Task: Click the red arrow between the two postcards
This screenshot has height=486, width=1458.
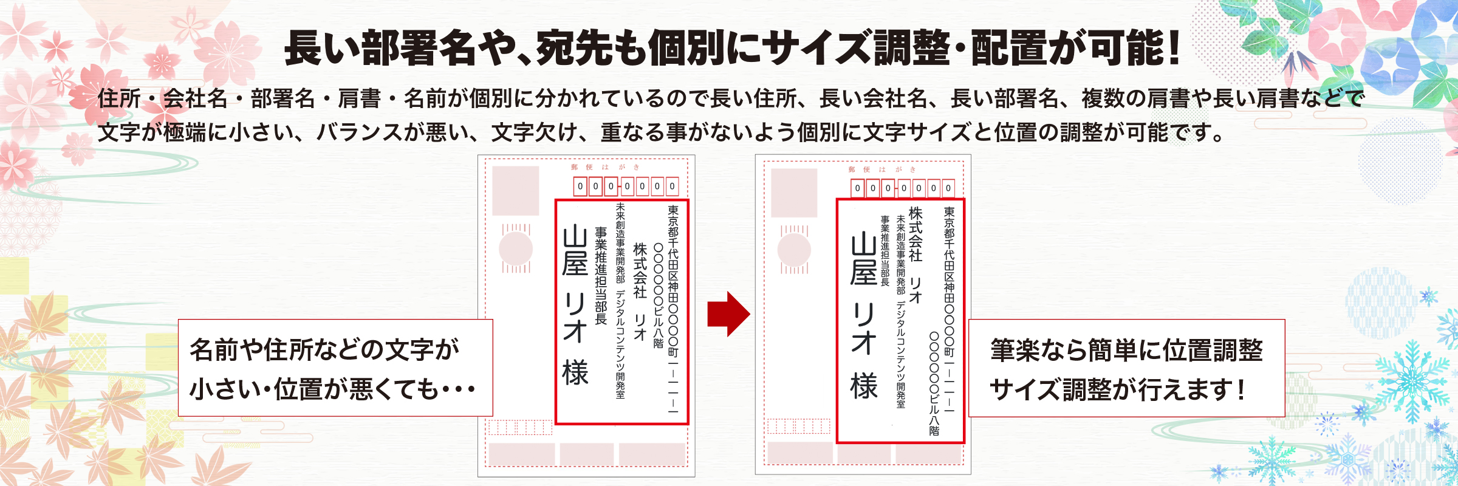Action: pyautogui.click(x=729, y=314)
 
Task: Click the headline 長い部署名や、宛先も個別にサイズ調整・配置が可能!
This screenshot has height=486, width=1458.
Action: pyautogui.click(x=732, y=48)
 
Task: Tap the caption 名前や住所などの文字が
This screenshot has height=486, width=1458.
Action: pyautogui.click(x=324, y=349)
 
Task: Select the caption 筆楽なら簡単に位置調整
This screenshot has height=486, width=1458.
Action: pyautogui.click(x=1126, y=351)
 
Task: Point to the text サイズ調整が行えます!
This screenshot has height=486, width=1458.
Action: pyautogui.click(x=1118, y=389)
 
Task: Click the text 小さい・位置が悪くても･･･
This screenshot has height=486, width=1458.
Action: pyautogui.click(x=332, y=389)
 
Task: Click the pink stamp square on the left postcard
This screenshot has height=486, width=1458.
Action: pyautogui.click(x=516, y=191)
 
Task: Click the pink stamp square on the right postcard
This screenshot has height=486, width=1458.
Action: pyautogui.click(x=794, y=193)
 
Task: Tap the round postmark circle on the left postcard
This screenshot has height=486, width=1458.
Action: pyautogui.click(x=516, y=248)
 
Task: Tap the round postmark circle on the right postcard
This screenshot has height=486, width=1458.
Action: pyautogui.click(x=794, y=250)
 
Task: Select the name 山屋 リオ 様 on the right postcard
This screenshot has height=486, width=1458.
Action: pyautogui.click(x=863, y=316)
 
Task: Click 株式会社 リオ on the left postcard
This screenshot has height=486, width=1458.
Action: pyautogui.click(x=640, y=292)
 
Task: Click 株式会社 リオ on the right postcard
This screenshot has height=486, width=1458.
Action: pyautogui.click(x=916, y=255)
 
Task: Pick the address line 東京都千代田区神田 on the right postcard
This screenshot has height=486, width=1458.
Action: pyautogui.click(x=949, y=255)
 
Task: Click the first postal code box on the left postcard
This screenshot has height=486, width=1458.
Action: pyautogui.click(x=580, y=187)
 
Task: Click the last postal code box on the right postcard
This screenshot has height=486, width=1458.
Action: pyautogui.click(x=948, y=188)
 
